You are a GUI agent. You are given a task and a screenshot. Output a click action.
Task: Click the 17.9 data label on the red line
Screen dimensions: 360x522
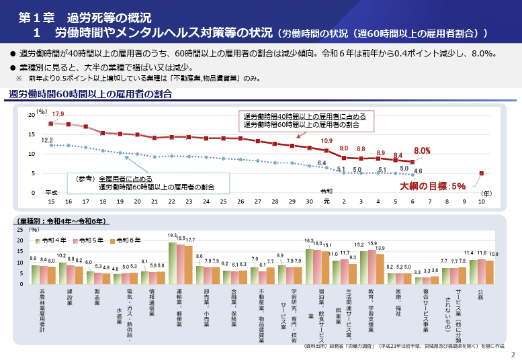(58, 114)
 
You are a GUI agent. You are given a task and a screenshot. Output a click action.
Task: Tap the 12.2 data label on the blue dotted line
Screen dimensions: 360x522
(48, 140)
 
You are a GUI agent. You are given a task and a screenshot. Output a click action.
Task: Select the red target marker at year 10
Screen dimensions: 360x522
(481, 173)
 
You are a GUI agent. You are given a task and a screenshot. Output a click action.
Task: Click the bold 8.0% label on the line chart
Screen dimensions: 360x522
(422, 150)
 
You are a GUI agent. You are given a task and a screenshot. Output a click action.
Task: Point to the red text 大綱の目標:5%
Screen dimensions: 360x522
(433, 186)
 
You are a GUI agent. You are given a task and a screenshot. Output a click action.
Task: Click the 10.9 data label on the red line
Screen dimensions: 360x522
(327, 141)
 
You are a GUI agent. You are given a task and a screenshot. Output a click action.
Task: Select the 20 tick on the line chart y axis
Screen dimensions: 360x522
(32, 116)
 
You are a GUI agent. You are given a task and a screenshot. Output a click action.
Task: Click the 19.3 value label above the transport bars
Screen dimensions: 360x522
(172, 236)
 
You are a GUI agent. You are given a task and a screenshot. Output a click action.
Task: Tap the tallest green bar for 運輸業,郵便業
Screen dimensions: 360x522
(173, 263)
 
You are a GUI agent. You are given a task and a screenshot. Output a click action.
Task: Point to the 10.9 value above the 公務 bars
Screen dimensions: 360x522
(494, 254)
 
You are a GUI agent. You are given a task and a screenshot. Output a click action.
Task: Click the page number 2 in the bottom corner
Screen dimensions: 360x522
(513, 354)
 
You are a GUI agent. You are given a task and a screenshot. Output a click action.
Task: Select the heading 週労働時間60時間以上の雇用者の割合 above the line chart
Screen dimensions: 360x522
(91, 94)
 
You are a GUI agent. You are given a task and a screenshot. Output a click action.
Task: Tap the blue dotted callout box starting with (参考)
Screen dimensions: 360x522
(148, 183)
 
